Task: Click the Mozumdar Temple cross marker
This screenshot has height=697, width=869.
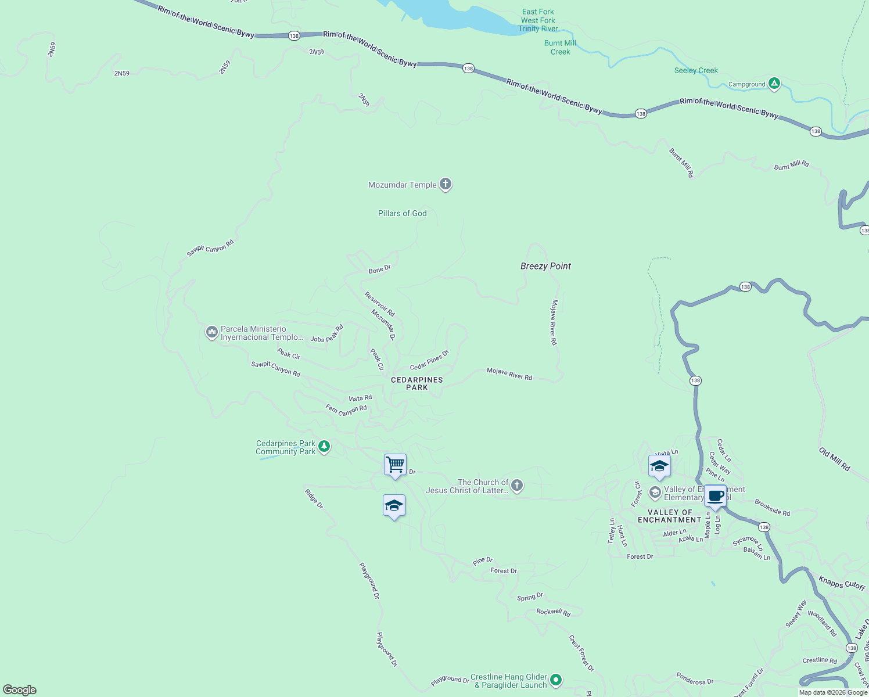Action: coord(446,184)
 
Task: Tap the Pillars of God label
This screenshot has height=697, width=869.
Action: coord(403,213)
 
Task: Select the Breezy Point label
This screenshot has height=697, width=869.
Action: coord(545,266)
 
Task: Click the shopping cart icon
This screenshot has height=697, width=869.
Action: coord(395,465)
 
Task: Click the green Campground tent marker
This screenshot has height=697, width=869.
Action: coord(774,84)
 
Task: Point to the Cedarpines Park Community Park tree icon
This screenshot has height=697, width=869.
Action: coord(324,447)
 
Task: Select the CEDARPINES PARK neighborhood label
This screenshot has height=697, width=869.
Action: coord(417,383)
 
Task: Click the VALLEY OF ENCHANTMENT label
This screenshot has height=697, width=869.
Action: coord(669,516)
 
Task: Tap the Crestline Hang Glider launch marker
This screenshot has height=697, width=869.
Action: coord(556,680)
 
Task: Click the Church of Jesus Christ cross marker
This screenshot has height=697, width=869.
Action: coord(517,486)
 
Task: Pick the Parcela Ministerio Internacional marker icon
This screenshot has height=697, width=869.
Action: coord(211,332)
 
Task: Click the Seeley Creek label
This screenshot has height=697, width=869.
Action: coord(696,70)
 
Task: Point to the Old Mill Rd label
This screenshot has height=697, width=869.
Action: coord(834,459)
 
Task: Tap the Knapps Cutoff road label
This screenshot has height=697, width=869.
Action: coord(842,582)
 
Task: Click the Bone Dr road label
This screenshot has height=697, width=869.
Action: coord(380,270)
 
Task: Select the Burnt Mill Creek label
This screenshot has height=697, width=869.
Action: coord(560,47)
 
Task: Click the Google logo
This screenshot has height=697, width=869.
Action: coord(20,690)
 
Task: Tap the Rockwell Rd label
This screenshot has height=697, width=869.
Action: coord(553,612)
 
